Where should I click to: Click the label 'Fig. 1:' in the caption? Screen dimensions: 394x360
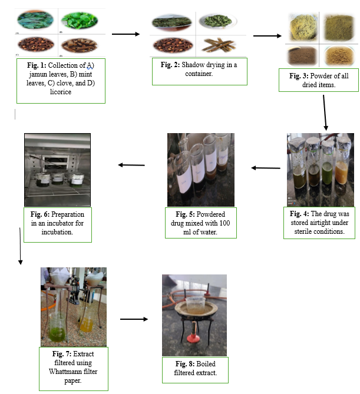(x=34, y=64)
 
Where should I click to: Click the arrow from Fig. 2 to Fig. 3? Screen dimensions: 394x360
(x=267, y=36)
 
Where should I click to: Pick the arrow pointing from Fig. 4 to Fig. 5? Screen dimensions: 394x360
(x=266, y=168)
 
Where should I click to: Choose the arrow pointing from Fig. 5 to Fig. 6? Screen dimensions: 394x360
(x=131, y=165)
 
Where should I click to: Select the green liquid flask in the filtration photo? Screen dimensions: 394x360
(x=58, y=327)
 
